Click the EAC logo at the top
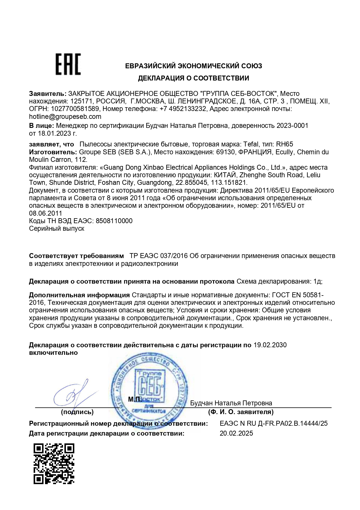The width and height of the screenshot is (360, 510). pos(68,64)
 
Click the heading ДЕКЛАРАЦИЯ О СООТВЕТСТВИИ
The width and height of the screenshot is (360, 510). pos(193,78)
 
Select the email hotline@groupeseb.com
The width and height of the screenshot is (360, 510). pos(65,117)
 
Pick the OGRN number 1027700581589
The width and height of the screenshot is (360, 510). pos(75,109)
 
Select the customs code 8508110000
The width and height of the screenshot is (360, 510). pos(114,221)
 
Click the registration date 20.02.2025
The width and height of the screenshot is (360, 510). pos(236,433)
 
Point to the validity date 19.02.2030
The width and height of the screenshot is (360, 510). pos(270,345)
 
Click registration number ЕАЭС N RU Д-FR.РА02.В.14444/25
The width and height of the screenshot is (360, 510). pos(274,423)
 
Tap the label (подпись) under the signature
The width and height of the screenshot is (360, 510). pos(77,412)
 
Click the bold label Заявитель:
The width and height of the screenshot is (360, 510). pos(48,94)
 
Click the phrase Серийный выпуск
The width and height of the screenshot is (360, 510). pos(57,228)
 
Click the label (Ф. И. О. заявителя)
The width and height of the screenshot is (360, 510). pos(241,412)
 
